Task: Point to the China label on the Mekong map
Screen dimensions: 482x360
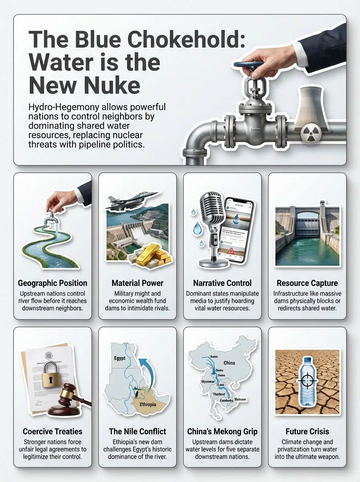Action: coord(229,363)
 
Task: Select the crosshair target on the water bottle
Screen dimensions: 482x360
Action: coord(308,379)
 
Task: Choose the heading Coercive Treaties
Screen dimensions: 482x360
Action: coord(53,431)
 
